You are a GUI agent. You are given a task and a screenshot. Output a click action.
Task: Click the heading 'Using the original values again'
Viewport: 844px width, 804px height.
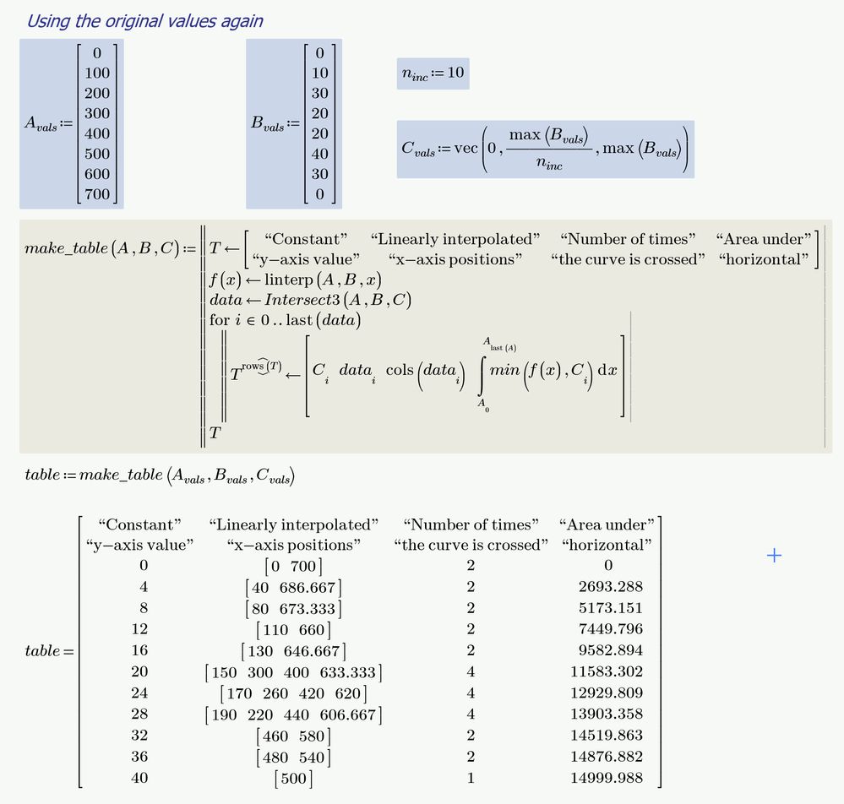(144, 21)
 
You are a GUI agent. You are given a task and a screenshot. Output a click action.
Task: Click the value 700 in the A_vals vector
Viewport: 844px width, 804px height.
(97, 194)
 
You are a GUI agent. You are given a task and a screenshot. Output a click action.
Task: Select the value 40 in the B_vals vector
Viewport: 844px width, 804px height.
(319, 154)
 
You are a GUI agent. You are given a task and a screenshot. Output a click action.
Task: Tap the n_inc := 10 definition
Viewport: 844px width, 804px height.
(432, 73)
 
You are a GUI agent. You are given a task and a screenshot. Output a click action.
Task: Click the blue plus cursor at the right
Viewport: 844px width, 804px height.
(773, 555)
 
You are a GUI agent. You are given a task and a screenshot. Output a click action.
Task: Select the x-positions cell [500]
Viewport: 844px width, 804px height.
(293, 778)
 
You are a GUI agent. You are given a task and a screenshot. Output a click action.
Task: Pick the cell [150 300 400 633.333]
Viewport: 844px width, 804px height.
(293, 672)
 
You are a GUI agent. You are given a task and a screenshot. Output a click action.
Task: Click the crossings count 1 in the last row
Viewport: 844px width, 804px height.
(471, 778)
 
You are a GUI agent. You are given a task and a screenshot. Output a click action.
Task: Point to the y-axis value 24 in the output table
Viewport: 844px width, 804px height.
(139, 693)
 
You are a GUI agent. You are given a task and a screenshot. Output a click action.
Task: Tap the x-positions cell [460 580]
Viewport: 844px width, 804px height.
(293, 736)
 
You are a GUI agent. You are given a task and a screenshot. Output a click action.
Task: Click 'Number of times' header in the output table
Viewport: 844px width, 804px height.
(471, 525)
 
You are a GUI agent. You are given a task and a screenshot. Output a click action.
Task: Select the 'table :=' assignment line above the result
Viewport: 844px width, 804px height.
(161, 475)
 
